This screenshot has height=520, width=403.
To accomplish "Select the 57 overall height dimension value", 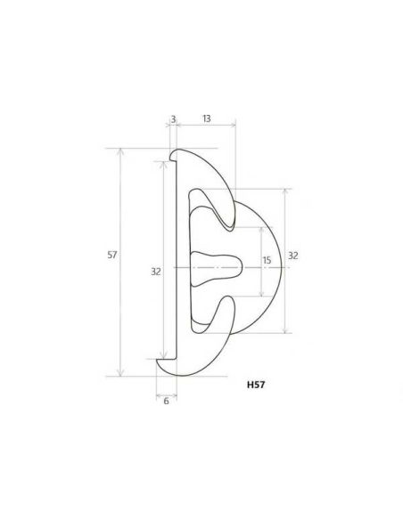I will click(112, 255).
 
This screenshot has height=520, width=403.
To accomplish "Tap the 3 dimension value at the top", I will click(173, 118).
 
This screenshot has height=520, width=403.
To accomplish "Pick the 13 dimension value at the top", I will click(206, 118).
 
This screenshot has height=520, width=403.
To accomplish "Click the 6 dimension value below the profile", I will click(166, 402).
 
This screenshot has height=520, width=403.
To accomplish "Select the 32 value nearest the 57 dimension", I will click(155, 272).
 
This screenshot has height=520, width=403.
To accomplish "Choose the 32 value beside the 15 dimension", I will click(293, 256).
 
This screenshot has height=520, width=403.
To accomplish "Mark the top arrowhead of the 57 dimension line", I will click(120, 151).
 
